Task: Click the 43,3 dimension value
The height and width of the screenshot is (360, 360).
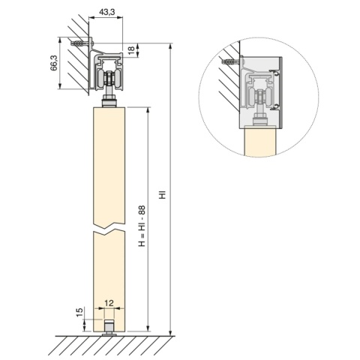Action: tap(106, 12)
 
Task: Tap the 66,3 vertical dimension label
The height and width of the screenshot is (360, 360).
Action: tap(54, 63)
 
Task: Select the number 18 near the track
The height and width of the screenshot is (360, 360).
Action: tap(131, 49)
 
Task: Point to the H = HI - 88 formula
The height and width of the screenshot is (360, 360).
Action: tap(142, 226)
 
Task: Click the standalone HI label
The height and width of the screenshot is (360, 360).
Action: tap(163, 195)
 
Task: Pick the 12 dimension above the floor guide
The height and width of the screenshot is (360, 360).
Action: tap(109, 303)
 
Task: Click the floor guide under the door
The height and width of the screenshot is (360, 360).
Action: tap(109, 328)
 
